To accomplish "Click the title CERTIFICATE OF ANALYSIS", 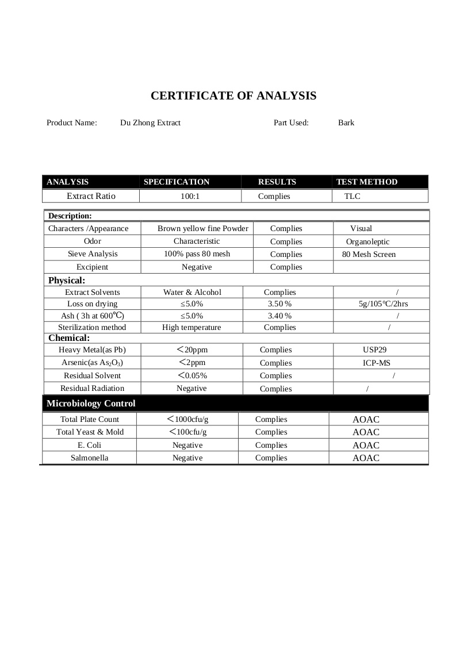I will (x=233, y=96).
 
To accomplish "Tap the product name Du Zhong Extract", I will (x=150, y=122).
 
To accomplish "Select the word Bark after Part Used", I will (x=346, y=122).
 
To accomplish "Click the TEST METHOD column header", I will (x=367, y=182).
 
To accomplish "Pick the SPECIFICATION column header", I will (x=177, y=182).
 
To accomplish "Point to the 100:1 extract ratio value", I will (x=190, y=196).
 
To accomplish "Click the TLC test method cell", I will (x=353, y=196).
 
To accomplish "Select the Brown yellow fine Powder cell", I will (x=203, y=228).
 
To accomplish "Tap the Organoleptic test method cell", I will (x=367, y=241).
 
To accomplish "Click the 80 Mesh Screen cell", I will (x=369, y=254).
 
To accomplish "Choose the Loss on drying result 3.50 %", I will (x=280, y=304).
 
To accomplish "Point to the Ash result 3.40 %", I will (x=280, y=316).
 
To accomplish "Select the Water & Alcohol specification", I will (x=192, y=292).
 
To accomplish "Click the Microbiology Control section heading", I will (x=91, y=403).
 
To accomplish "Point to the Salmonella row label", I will (x=89, y=458).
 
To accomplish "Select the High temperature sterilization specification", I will (x=191, y=327).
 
